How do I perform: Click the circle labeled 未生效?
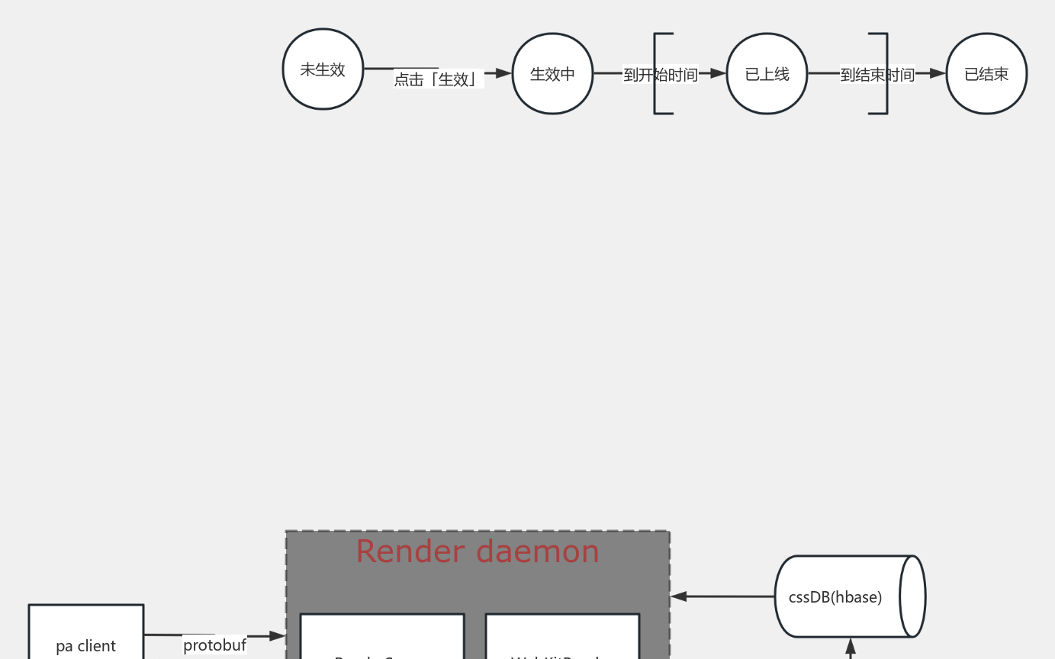(x=323, y=69)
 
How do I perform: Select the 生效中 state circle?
(x=552, y=74)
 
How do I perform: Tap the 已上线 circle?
(x=767, y=74)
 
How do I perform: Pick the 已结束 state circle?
(x=986, y=74)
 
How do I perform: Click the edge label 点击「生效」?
(x=439, y=79)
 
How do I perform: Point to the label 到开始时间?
(x=661, y=75)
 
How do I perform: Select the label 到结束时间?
(x=877, y=75)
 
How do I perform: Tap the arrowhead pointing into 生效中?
(x=503, y=74)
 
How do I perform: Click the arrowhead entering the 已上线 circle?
(x=718, y=74)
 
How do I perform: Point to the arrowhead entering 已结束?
(x=938, y=74)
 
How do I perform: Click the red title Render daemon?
(x=478, y=551)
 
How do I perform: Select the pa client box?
(x=85, y=633)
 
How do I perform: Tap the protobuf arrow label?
(x=214, y=645)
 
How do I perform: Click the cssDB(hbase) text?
(x=835, y=597)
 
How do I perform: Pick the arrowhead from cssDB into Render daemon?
(x=679, y=596)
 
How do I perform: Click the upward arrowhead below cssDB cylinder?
(x=851, y=647)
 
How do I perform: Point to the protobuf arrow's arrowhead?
(x=278, y=635)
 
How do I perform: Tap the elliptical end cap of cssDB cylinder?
(x=912, y=596)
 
